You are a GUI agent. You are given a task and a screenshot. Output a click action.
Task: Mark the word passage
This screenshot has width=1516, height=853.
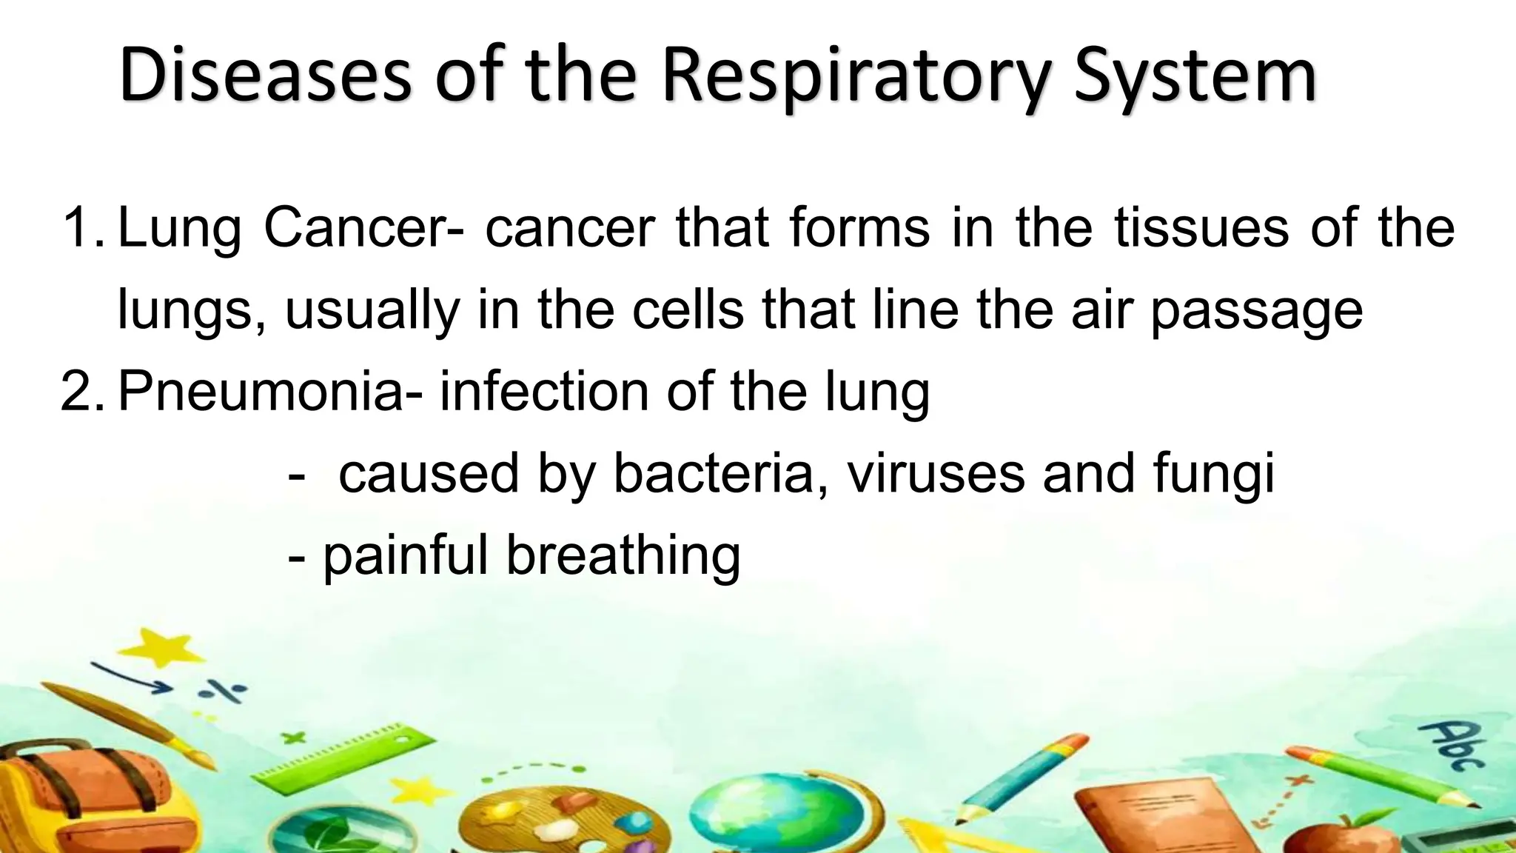(x=1256, y=311)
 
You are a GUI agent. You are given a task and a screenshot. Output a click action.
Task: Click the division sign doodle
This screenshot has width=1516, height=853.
(x=221, y=692)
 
